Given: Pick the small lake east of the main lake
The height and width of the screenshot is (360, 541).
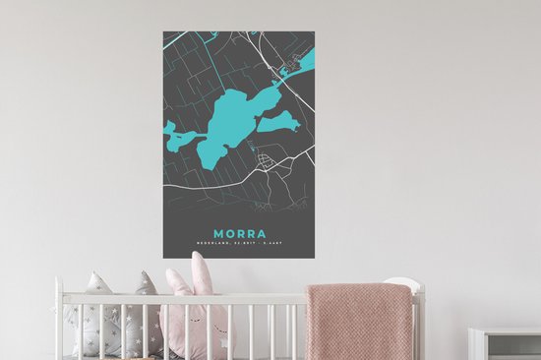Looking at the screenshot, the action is [280, 123].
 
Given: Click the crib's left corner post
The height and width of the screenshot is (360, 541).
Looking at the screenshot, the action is [60, 320].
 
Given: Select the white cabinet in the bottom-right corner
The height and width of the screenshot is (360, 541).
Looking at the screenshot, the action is [505, 344].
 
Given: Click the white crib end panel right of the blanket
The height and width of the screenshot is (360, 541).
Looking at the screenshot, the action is [418, 325].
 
